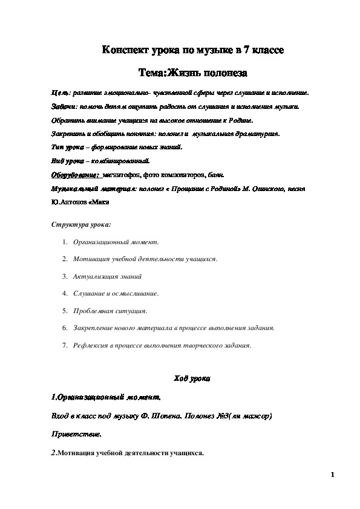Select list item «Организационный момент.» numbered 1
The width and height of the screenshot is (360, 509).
[x=116, y=242]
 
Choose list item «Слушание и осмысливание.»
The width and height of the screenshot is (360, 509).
[x=116, y=293]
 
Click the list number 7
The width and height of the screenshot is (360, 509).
[x=64, y=346]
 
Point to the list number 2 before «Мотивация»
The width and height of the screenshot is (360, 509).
[x=64, y=259]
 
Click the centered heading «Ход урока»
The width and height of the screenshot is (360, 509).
[x=191, y=378]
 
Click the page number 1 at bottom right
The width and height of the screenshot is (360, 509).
[x=333, y=475]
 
